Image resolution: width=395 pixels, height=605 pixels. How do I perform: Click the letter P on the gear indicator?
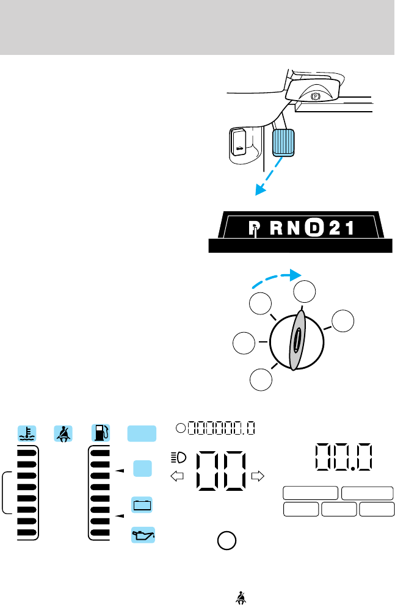pyautogui.click(x=255, y=229)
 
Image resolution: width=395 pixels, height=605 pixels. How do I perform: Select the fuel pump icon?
pyautogui.click(x=101, y=433)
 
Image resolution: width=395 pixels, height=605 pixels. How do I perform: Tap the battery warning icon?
pyautogui.click(x=142, y=505)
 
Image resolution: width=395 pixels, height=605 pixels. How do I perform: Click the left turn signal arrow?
pyautogui.click(x=179, y=476)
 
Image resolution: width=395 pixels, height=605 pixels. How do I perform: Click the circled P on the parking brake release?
pyautogui.click(x=315, y=96)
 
